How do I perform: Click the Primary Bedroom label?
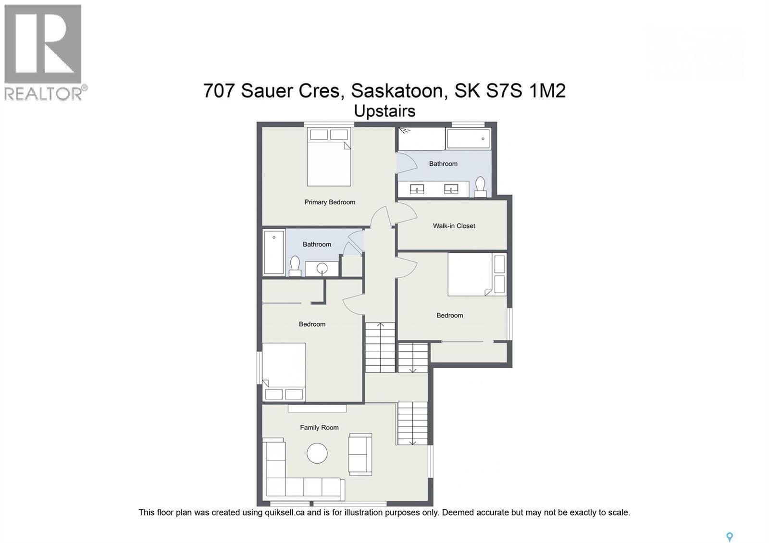coord(330,202)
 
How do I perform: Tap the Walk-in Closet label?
coord(454,226)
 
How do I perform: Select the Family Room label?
coord(319,428)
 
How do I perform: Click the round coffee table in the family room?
coord(317,453)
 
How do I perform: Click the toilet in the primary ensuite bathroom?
coord(480,186)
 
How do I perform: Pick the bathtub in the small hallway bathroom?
coord(274,252)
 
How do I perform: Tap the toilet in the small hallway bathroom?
coord(295,266)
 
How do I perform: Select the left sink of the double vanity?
coord(416,189)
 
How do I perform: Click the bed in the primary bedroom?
coord(329,157)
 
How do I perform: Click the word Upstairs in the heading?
coord(384,111)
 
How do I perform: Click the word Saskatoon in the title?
coord(397,91)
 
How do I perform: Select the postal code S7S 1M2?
coord(534,91)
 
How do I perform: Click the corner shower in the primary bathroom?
coord(421,139)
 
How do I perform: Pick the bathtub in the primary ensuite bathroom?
coord(468,139)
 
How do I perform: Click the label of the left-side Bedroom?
coord(312,324)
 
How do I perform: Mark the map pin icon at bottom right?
coord(729,537)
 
